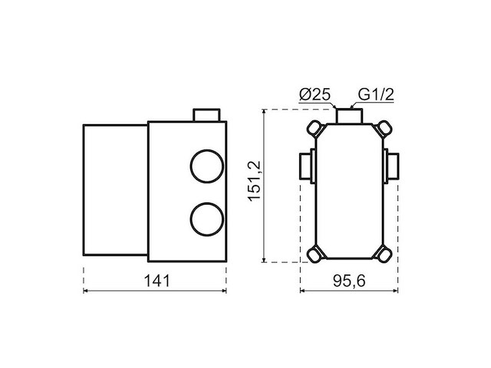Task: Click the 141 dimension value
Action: point(157,281)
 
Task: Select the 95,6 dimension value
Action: point(349,281)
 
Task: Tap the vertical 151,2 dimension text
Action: point(254,181)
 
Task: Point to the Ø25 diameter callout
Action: point(315,95)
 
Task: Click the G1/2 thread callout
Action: point(376,94)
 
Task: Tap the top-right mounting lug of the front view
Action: point(384,129)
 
